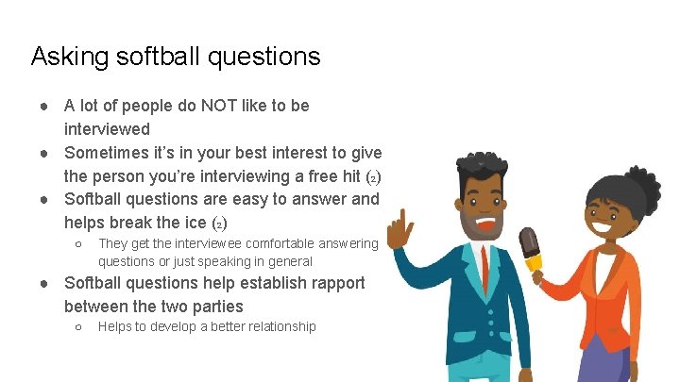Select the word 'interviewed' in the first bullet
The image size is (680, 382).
pos(107,128)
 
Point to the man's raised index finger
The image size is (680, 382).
pos(401,223)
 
